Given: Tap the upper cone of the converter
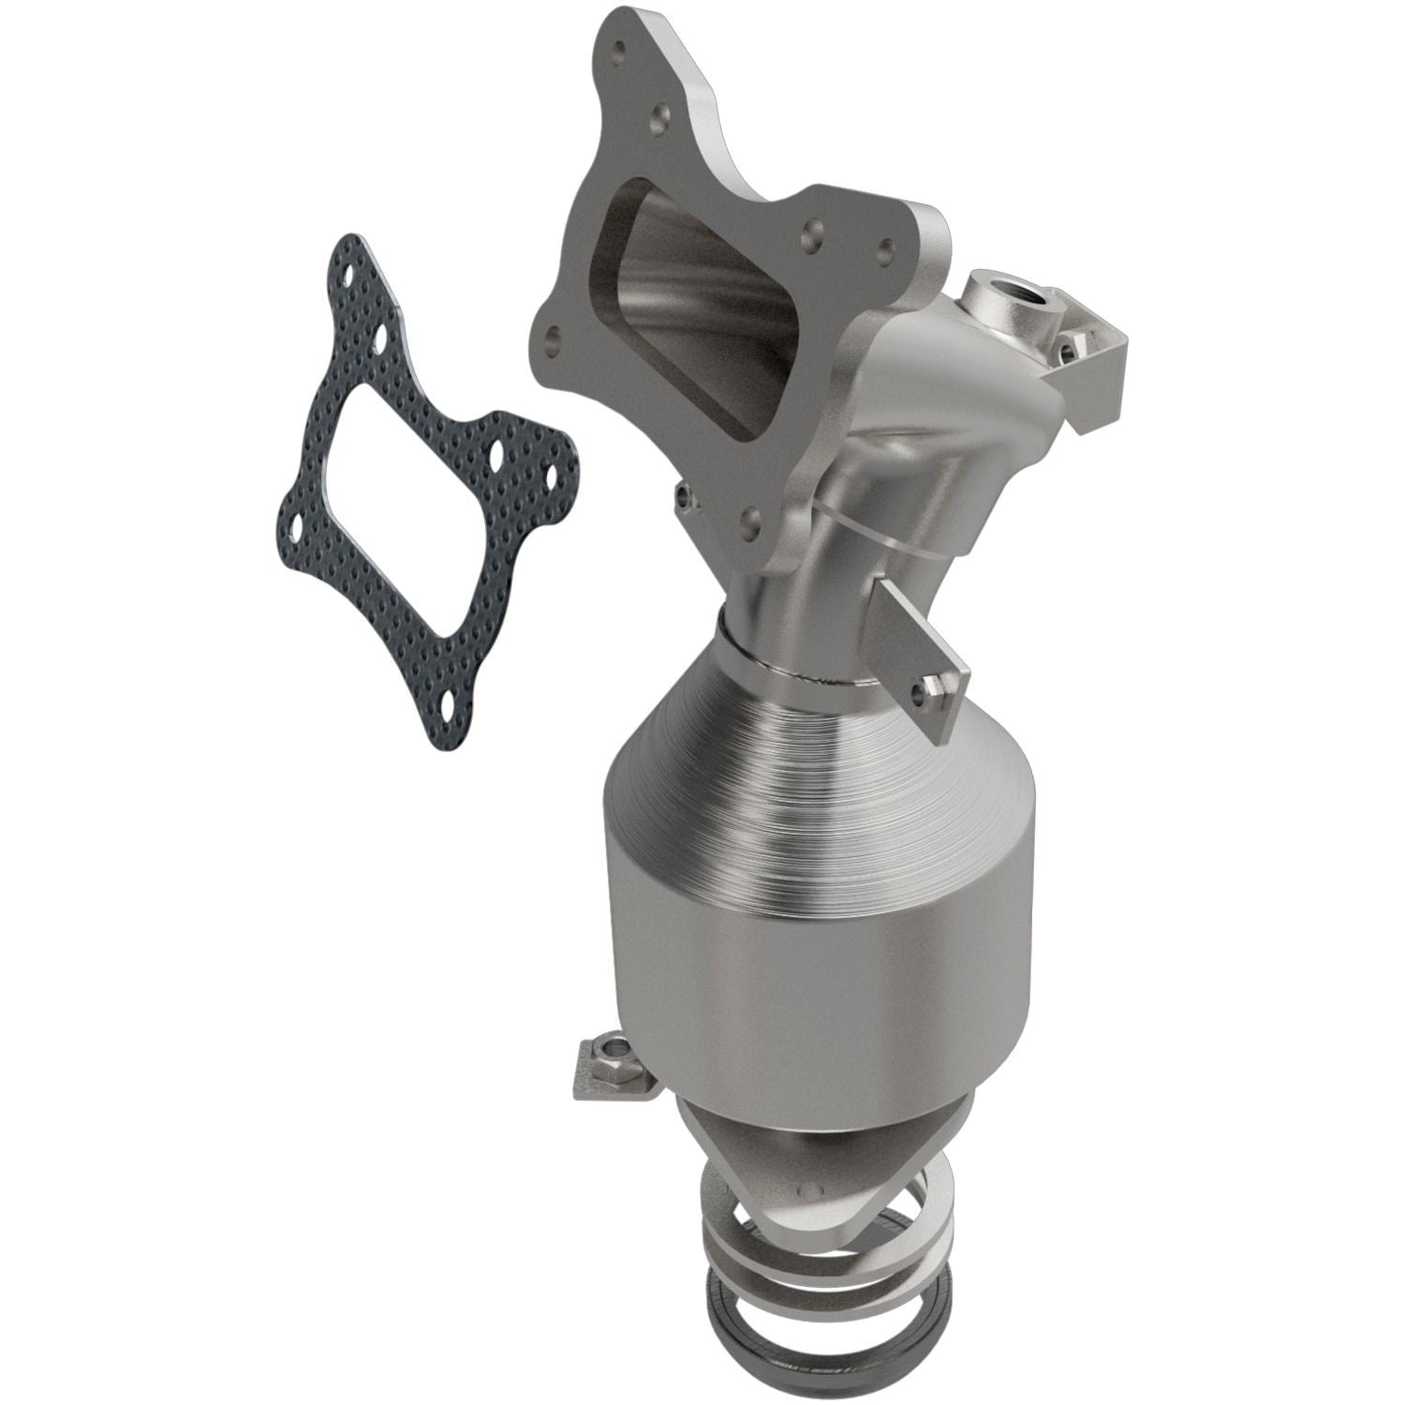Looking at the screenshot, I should [824, 740].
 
